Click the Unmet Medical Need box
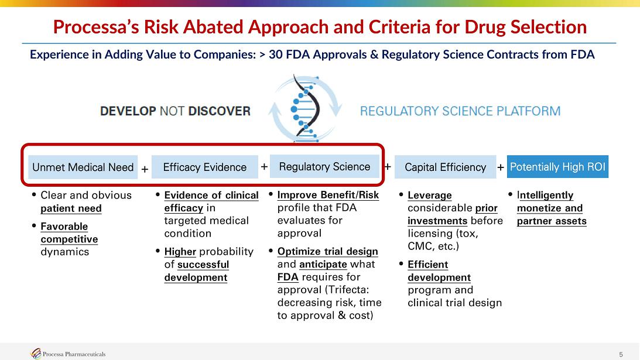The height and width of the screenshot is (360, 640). click(x=83, y=167)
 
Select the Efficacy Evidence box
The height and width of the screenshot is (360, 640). click(x=204, y=167)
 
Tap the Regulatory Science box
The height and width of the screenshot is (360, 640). click(x=324, y=166)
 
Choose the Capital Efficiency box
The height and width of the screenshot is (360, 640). click(x=445, y=167)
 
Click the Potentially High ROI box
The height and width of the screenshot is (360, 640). click(x=557, y=166)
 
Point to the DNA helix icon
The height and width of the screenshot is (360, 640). click(x=305, y=108)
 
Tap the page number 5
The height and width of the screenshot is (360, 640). click(x=621, y=354)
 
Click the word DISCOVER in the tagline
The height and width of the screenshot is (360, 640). click(x=219, y=111)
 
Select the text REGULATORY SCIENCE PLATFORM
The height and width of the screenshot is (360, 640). click(x=460, y=111)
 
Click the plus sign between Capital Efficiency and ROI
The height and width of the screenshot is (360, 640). click(x=501, y=167)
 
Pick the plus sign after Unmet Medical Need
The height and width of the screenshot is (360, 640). click(x=145, y=169)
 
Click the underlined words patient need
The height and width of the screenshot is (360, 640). click(x=71, y=208)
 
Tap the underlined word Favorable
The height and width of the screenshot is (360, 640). click(x=64, y=226)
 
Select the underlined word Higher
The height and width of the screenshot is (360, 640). click(x=180, y=252)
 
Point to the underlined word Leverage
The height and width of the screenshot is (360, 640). click(x=429, y=196)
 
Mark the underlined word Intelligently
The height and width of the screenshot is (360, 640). click(x=545, y=196)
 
